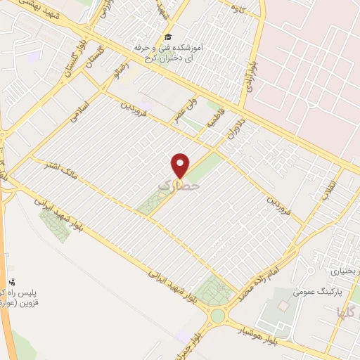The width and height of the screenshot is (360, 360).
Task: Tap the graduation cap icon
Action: [167, 37]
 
